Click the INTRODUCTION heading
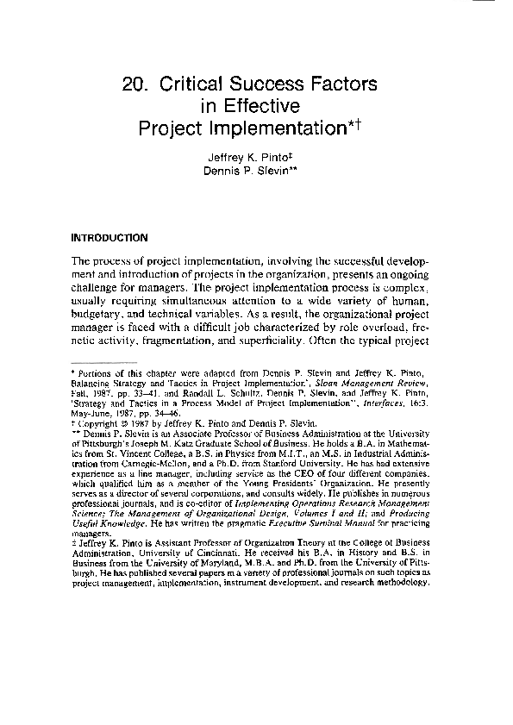click(109, 236)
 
